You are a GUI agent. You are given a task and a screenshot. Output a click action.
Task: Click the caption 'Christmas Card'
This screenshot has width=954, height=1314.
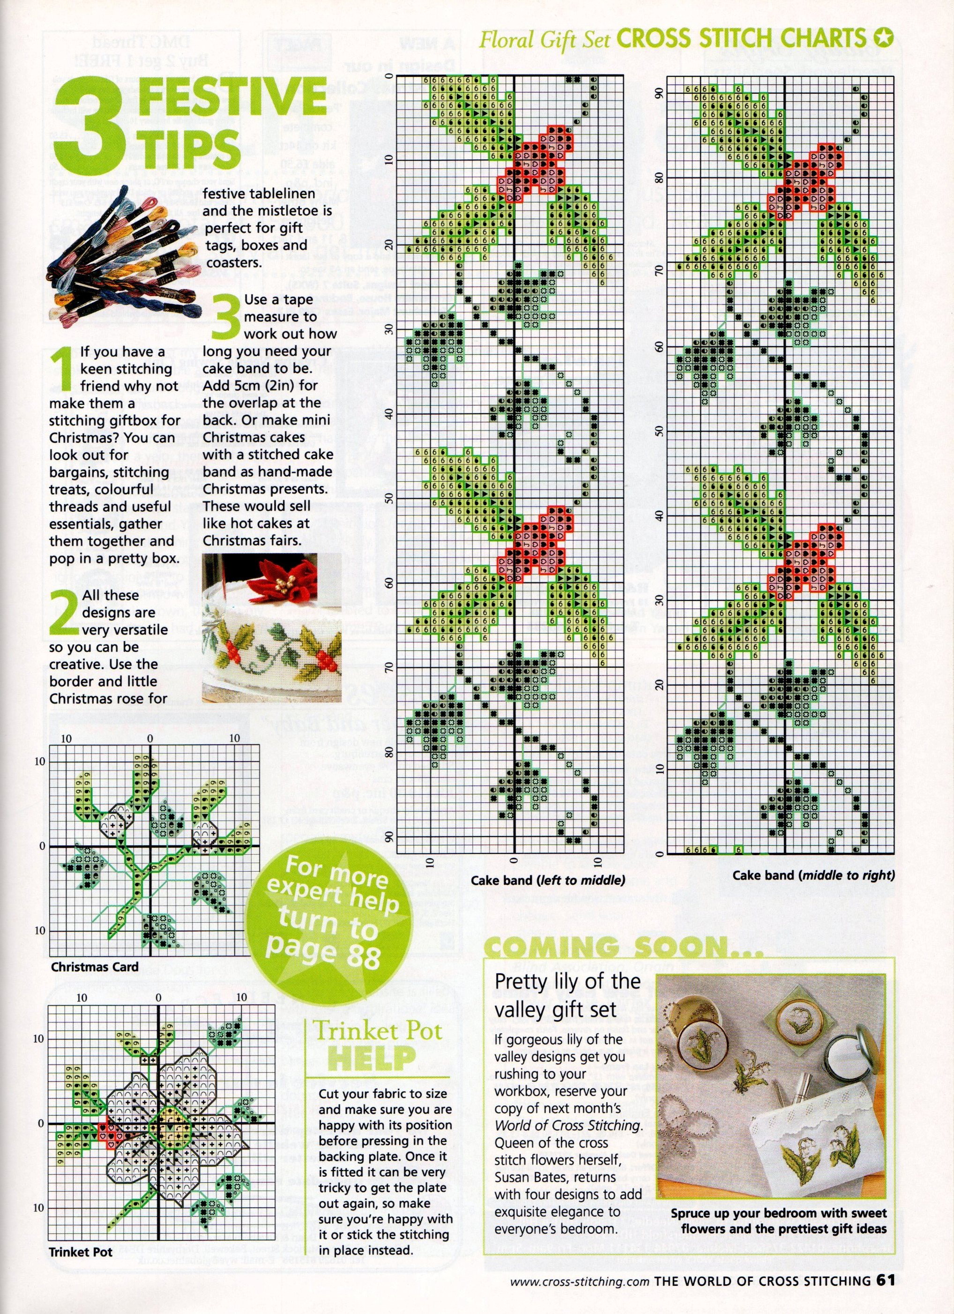tap(94, 967)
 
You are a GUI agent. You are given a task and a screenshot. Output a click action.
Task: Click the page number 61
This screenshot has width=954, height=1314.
tap(885, 1292)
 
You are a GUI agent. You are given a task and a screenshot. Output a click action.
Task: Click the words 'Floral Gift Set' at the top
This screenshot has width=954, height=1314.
tap(544, 41)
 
